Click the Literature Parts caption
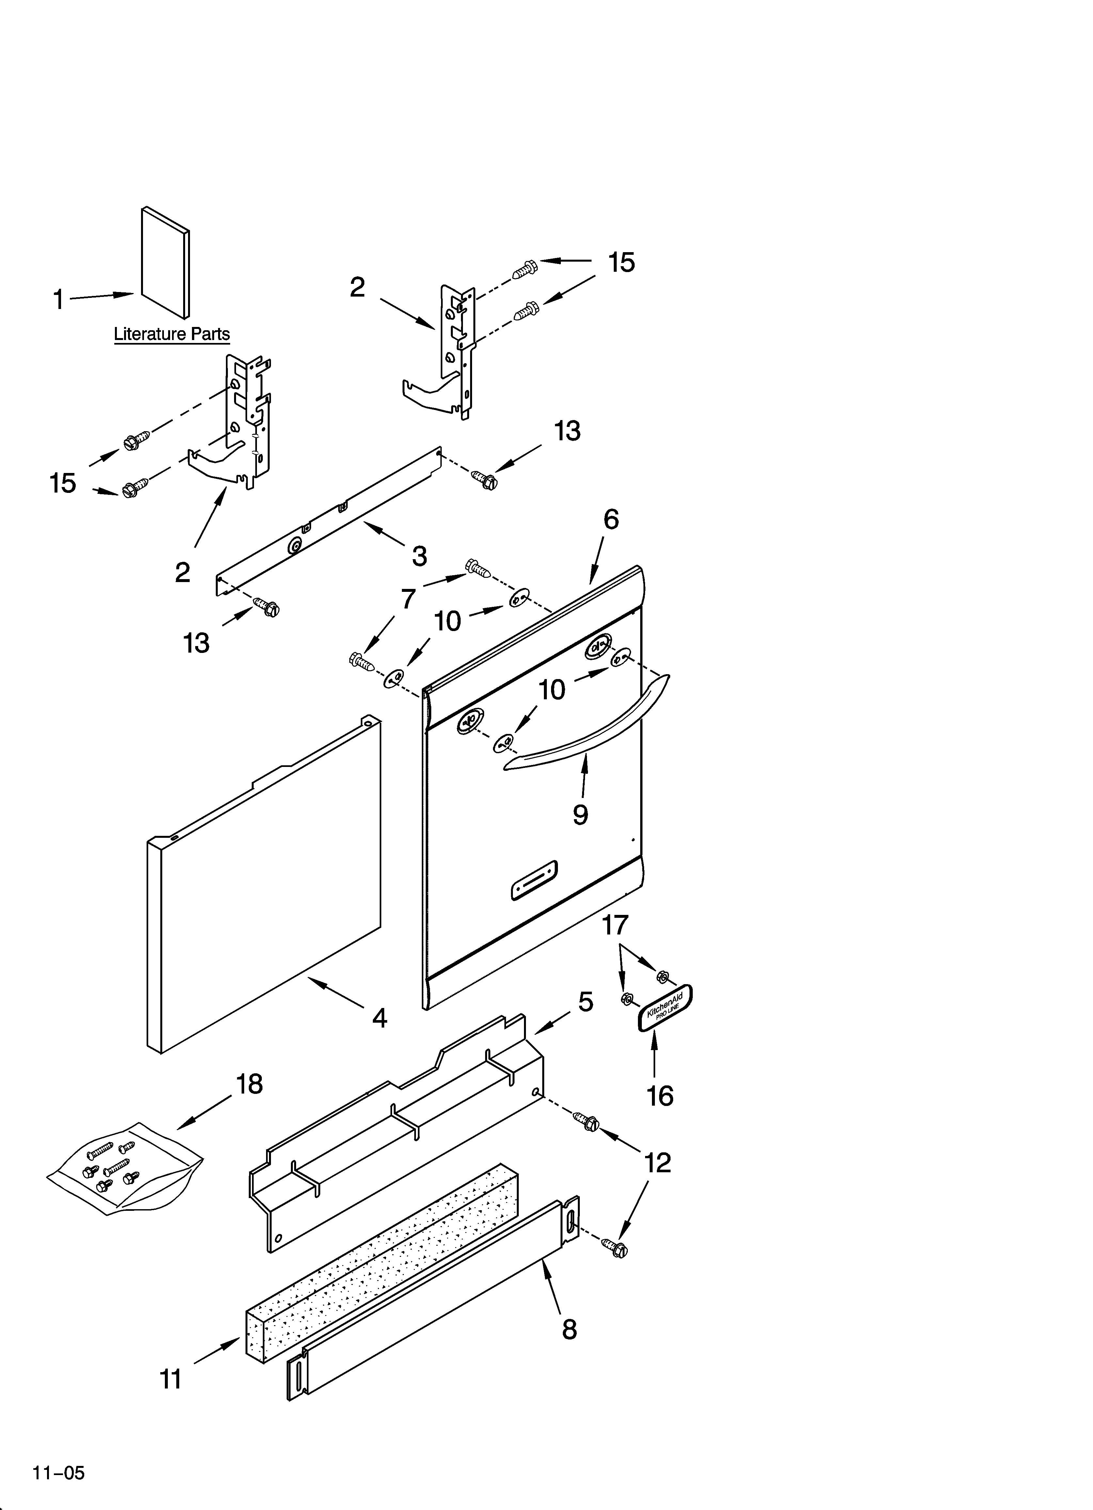(172, 334)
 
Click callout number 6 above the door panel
(611, 519)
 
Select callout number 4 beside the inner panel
(379, 1018)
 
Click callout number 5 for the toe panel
(585, 1001)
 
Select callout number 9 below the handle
(580, 814)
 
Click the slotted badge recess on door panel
(534, 881)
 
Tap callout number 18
(250, 1084)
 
